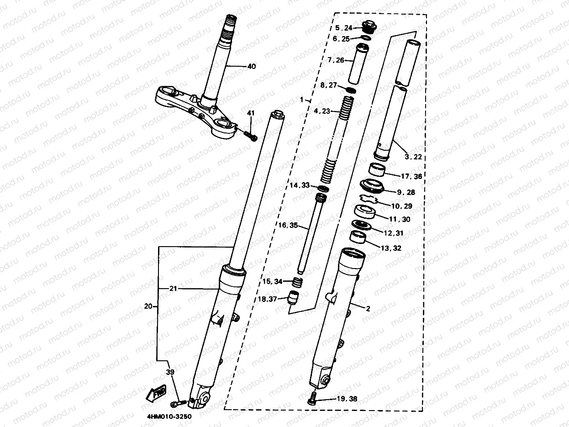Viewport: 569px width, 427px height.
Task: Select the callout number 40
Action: pos(251,67)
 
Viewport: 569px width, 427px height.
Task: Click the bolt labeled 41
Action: pos(250,135)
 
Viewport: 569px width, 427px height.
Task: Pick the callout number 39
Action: pos(170,372)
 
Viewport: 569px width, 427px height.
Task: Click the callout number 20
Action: pos(148,306)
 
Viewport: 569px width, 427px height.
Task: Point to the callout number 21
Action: pos(173,289)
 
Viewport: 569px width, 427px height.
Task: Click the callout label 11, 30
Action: pos(400,219)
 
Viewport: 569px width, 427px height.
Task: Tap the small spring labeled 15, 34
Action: pos(297,282)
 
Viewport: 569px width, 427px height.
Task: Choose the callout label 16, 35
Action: pos(288,225)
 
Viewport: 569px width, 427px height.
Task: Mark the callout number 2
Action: pos(368,308)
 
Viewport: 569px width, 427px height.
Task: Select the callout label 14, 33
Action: pos(300,185)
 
